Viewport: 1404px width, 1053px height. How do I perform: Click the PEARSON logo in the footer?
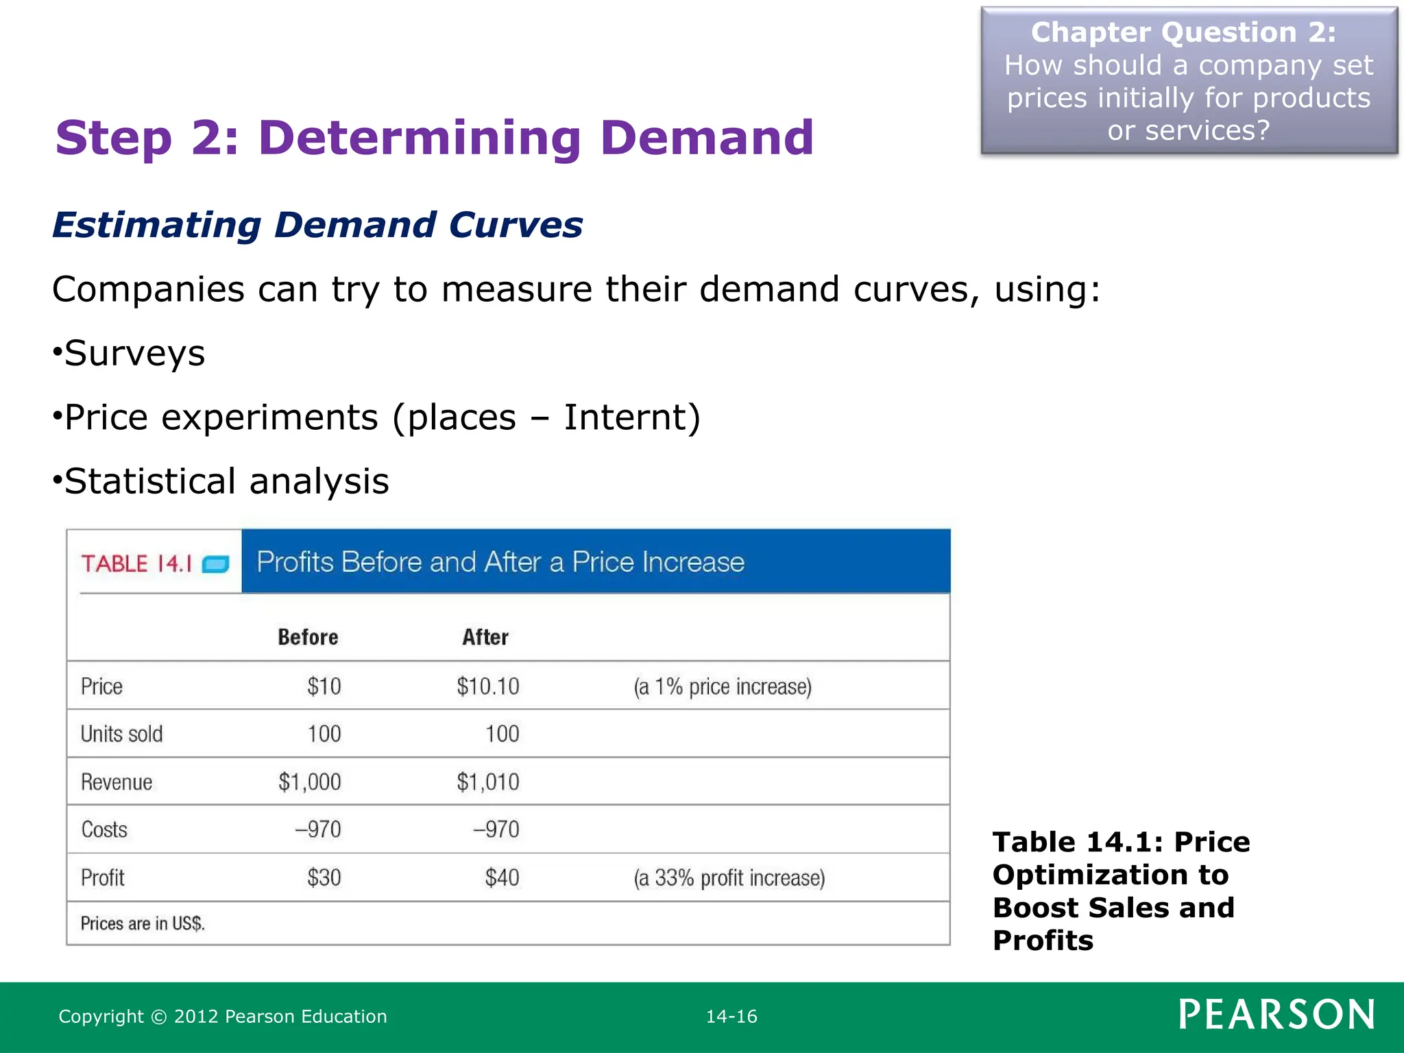pos(1276,1015)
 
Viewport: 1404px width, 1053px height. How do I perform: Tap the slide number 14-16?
pos(731,1017)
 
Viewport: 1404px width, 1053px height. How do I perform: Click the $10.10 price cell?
pos(488,686)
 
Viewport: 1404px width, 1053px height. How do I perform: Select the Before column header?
pos(308,637)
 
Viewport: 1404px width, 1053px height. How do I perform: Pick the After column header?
pos(485,637)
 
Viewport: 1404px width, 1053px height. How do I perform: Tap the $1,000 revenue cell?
pos(309,782)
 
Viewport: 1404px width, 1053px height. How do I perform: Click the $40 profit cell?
pos(502,877)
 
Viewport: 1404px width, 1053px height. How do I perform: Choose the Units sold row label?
pos(121,734)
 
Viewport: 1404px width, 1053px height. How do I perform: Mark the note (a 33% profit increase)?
pos(729,878)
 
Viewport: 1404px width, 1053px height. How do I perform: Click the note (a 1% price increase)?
pos(722,686)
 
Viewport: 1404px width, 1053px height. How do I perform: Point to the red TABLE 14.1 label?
pos(136,564)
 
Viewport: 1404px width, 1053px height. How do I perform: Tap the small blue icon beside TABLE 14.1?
pos(215,564)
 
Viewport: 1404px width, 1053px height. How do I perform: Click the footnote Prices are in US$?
pos(143,923)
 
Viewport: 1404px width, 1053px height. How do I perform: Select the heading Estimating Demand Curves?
pos(317,225)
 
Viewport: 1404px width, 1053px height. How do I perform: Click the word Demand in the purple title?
pos(706,138)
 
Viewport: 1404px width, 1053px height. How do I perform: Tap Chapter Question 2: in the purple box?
pos(1183,32)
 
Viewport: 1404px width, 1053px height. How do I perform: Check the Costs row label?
pos(104,830)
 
